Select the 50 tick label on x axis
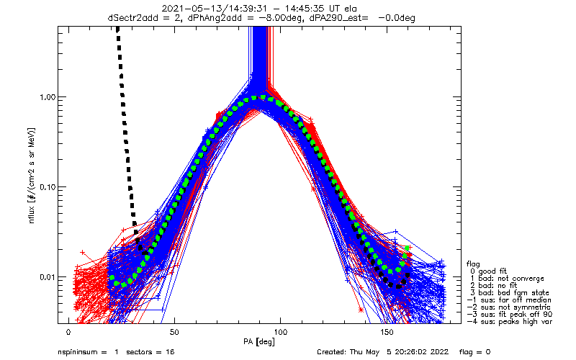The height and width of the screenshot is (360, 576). point(175,332)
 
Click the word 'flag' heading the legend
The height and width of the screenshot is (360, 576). point(475,262)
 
